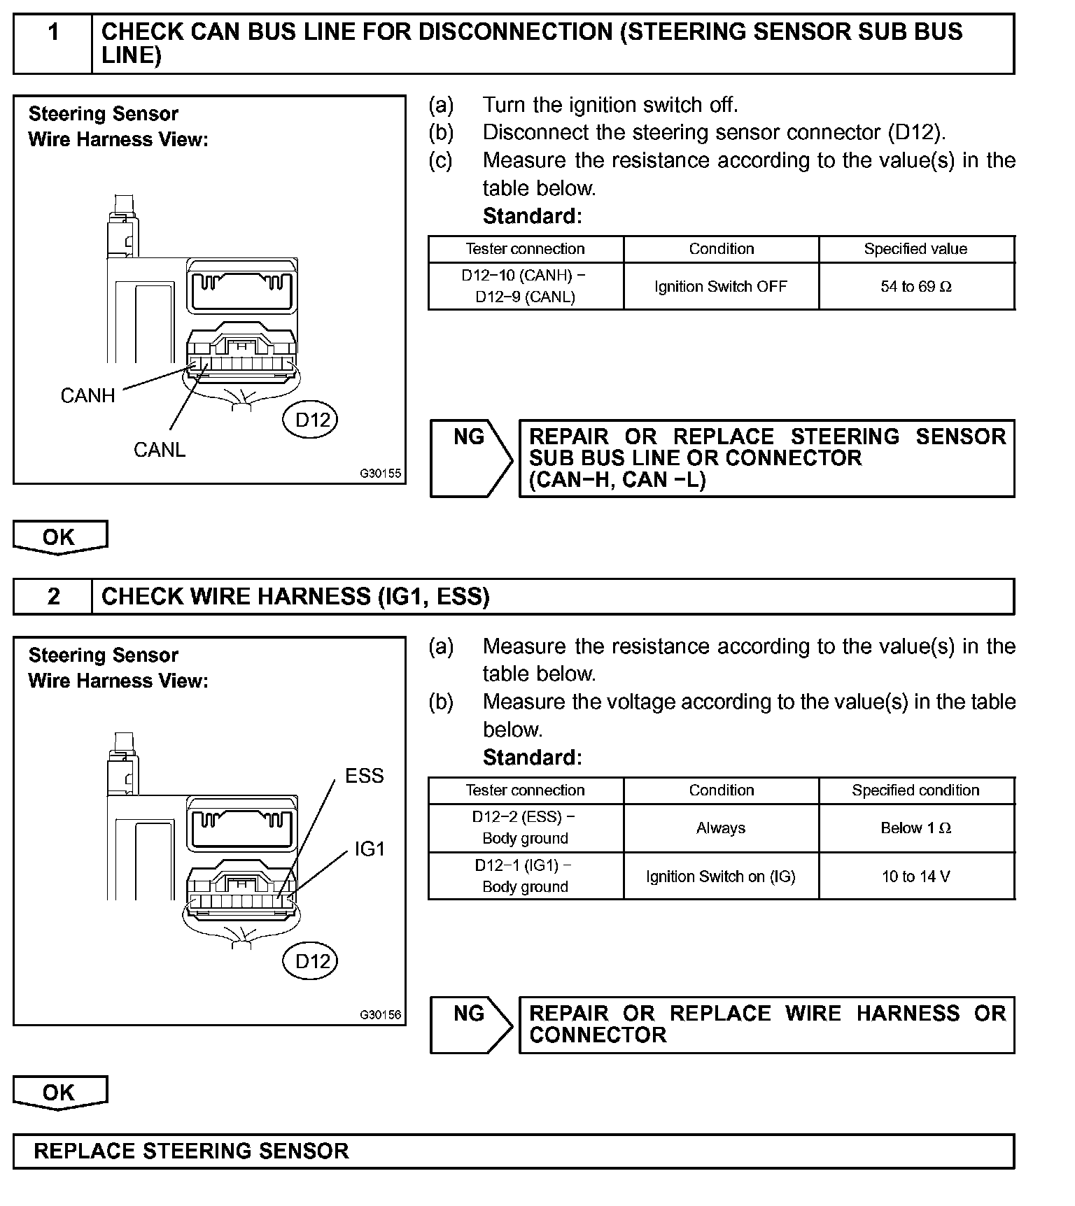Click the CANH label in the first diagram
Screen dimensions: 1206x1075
tap(87, 396)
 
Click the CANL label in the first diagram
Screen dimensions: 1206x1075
tap(160, 450)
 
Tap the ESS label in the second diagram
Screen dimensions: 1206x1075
tap(364, 776)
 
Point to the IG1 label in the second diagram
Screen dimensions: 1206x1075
tap(370, 849)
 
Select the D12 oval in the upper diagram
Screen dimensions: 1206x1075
tap(312, 420)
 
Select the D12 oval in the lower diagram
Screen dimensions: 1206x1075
tap(312, 961)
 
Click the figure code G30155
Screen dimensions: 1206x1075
tap(381, 474)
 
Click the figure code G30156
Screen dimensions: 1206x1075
tap(381, 1015)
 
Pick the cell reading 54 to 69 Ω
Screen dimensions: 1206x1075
tap(916, 287)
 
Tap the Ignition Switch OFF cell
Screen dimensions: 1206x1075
tap(721, 287)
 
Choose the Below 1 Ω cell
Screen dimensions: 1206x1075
tap(916, 828)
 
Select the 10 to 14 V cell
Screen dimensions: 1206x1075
tap(916, 877)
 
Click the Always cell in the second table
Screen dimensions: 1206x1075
tap(721, 828)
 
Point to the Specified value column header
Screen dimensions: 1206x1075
tap(916, 249)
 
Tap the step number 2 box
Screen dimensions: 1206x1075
tap(53, 597)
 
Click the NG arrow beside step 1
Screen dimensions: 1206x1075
tap(470, 458)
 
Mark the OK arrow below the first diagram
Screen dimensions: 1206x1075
tap(60, 537)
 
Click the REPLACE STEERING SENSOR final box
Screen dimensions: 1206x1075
tap(513, 1151)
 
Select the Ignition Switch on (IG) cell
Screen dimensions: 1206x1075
tap(721, 877)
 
